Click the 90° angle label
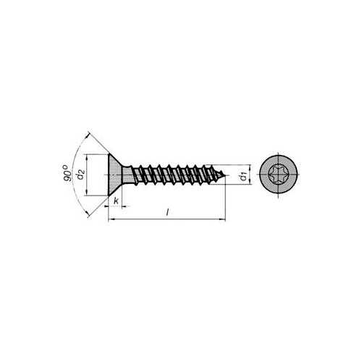coord(68,173)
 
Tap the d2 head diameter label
coord(80,175)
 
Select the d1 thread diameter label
coord(245,177)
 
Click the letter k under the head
coord(117,201)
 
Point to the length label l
coord(167,212)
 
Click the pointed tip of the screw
coord(225,175)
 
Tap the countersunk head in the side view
coord(114,174)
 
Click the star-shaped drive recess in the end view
coord(278,174)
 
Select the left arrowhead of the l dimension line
coord(111,219)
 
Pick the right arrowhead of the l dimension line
coord(222,219)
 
